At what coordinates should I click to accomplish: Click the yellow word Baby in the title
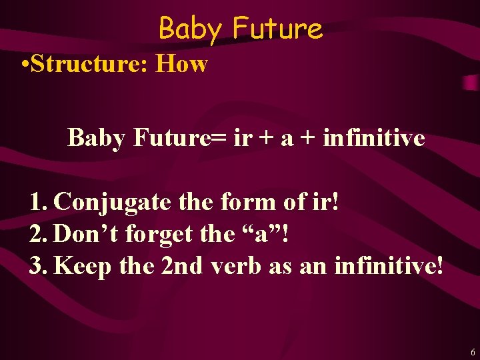click(191, 29)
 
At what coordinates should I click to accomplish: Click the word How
click(181, 65)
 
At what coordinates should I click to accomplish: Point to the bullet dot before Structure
click(25, 65)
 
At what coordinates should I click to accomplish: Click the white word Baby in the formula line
click(95, 138)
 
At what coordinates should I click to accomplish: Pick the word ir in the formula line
click(243, 138)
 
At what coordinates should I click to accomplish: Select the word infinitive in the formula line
click(373, 138)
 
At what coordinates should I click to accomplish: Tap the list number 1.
click(37, 202)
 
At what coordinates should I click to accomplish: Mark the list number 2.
click(37, 234)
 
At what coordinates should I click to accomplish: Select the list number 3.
click(37, 265)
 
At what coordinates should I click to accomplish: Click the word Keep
click(83, 266)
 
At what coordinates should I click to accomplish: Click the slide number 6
click(472, 351)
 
